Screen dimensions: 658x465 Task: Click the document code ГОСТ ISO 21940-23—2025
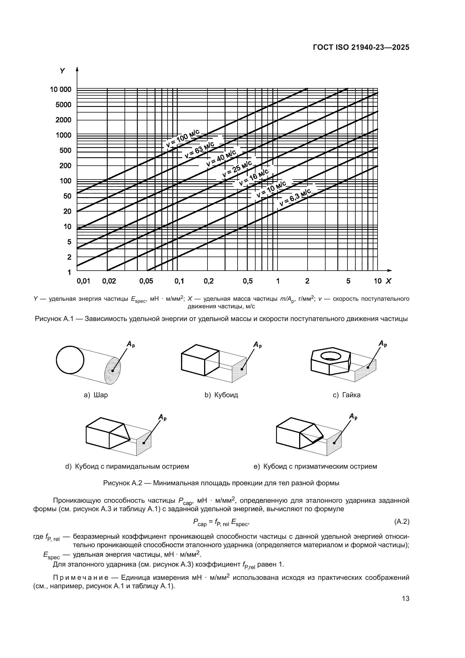361,48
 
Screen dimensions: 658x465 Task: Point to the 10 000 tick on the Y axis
61,90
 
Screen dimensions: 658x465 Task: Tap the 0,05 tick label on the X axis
146,281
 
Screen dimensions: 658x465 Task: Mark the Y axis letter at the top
63,71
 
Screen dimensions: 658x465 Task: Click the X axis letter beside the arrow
388,281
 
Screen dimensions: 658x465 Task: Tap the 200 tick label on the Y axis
65,166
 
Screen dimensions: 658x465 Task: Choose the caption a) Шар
96,395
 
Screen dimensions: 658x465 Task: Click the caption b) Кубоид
221,395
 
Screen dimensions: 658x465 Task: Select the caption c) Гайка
346,395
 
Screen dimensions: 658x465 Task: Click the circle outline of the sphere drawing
70,360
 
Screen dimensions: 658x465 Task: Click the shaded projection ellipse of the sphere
112,370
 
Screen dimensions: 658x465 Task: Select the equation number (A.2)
402,522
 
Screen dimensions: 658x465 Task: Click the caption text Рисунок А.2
123,483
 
